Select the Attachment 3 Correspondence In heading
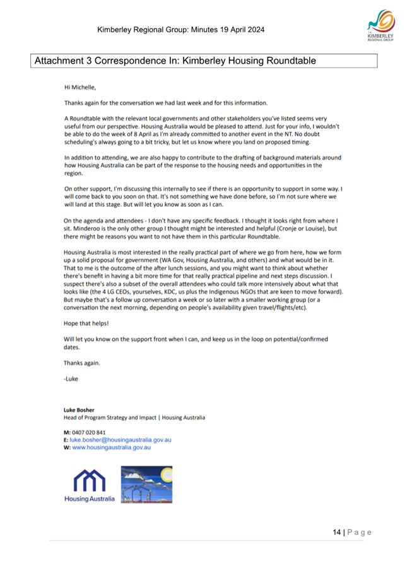coord(175,61)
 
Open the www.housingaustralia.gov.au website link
coord(111,447)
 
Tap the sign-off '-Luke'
coord(71,379)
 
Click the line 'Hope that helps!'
coord(86,324)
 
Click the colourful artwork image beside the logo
coord(146,485)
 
